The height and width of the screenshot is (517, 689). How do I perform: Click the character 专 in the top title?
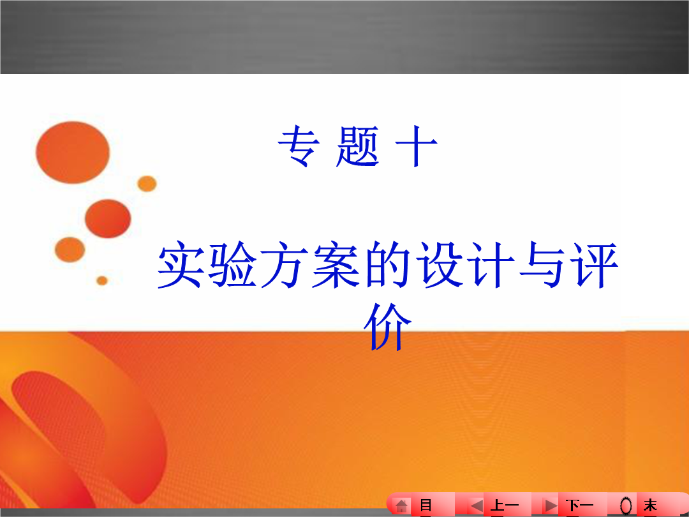pyautogui.click(x=299, y=146)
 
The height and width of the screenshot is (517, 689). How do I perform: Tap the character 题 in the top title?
pyautogui.click(x=357, y=146)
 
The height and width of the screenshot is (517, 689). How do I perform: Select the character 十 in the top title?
pyautogui.click(x=416, y=146)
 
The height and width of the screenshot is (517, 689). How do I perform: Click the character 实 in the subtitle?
pyautogui.click(x=180, y=265)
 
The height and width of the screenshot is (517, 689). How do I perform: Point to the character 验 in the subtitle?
pyautogui.click(x=232, y=265)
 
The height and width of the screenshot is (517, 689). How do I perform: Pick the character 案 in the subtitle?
pyautogui.click(x=336, y=265)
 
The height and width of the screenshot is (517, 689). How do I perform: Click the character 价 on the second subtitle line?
pyautogui.click(x=388, y=327)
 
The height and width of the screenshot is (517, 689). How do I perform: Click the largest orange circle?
pyautogui.click(x=73, y=152)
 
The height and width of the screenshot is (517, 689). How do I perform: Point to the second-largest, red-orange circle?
pyautogui.click(x=108, y=218)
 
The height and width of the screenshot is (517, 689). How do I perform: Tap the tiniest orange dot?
pyautogui.click(x=102, y=280)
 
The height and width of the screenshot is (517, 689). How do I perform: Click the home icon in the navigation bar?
pyautogui.click(x=401, y=506)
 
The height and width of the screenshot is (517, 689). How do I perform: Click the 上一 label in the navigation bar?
pyautogui.click(x=504, y=506)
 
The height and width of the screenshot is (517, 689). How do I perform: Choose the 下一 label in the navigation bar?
pyautogui.click(x=579, y=506)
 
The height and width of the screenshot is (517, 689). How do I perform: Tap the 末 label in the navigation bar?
pyautogui.click(x=650, y=506)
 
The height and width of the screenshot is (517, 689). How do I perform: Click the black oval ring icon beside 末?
pyautogui.click(x=626, y=506)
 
